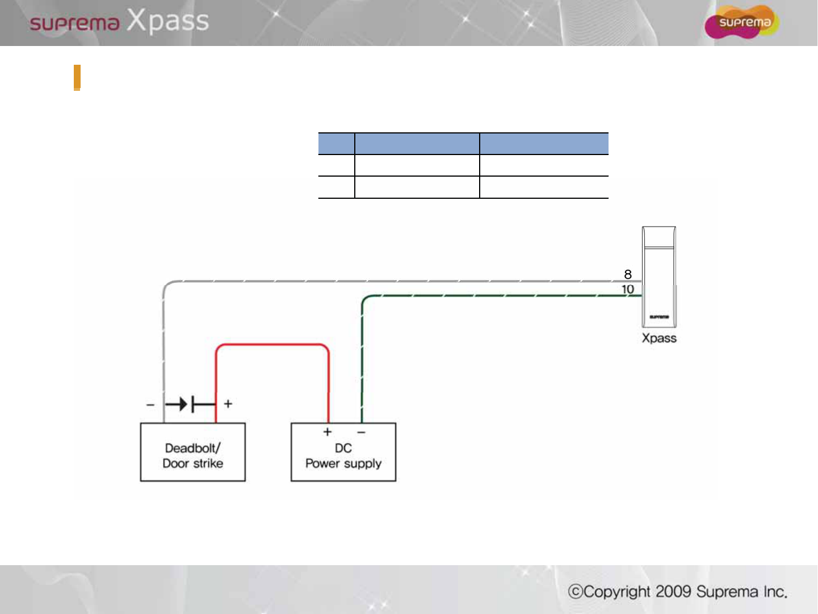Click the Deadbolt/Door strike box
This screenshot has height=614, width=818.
point(192,452)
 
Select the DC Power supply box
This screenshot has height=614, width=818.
point(343,452)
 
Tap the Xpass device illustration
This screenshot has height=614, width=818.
point(659,277)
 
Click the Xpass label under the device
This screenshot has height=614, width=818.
point(659,338)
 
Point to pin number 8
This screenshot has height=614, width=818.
point(628,274)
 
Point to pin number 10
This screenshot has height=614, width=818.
point(628,289)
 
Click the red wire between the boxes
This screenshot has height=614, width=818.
point(272,344)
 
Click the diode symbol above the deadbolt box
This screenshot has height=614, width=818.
point(190,404)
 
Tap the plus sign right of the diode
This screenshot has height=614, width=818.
point(228,404)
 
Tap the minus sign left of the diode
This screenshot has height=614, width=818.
point(150,404)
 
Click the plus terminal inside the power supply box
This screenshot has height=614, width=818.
point(327,432)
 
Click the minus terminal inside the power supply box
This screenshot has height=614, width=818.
point(361,432)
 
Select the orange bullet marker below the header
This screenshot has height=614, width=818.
point(77,78)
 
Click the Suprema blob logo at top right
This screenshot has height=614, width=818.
point(741,22)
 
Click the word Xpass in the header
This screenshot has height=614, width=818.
point(167,21)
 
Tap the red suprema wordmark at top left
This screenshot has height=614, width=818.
point(74,23)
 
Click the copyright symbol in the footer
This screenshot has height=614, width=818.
point(576,592)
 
